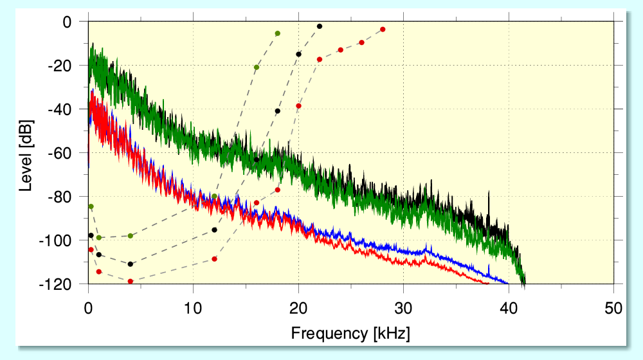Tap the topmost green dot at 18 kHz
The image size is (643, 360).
coord(278,33)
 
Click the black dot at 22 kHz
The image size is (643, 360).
coord(320,26)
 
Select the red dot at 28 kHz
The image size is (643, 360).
coord(383,30)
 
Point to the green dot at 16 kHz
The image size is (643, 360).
coord(257,67)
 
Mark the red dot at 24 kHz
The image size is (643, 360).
coord(340,50)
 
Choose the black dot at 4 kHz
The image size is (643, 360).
coord(131,264)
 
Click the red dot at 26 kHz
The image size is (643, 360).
coord(361,42)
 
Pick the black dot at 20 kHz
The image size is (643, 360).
coord(298,54)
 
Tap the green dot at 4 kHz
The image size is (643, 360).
coord(131,236)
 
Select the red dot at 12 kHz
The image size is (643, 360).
coord(214,259)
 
